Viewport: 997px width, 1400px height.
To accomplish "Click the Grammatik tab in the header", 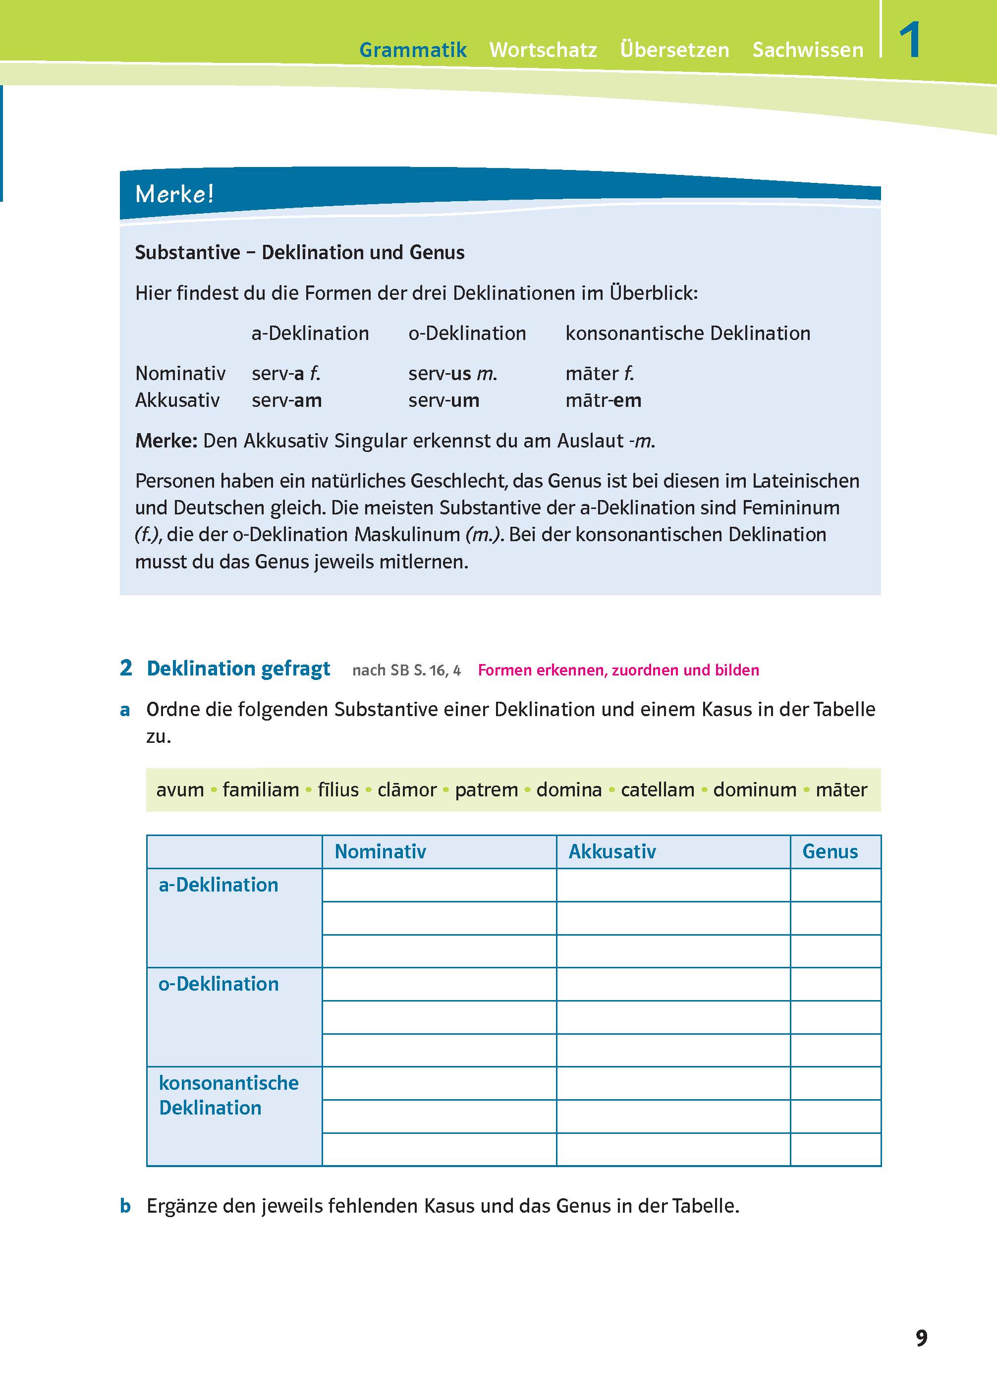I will (413, 50).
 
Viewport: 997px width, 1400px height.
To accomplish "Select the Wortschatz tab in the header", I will (543, 50).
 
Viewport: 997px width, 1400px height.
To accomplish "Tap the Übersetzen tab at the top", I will (674, 50).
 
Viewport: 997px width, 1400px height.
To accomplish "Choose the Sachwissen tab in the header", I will (807, 50).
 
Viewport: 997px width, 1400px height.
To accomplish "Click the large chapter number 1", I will (909, 41).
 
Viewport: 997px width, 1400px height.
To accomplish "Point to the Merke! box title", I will (174, 194).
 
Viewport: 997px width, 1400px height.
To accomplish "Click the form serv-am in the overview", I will (287, 400).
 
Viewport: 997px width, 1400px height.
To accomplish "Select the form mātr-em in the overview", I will (603, 400).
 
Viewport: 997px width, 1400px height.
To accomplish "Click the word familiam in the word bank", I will (260, 789).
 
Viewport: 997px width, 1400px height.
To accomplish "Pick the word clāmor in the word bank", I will (406, 789).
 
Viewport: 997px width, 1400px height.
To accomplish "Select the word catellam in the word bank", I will (657, 789).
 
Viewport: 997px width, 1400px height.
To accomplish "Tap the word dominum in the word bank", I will (755, 789).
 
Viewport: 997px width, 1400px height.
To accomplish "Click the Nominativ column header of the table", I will (380, 852).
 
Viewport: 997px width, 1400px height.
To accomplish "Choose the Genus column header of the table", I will (830, 852).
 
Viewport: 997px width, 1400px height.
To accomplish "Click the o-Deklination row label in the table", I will (219, 984).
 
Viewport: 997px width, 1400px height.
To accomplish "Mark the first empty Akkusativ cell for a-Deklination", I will (673, 885).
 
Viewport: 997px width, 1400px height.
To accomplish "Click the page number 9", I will (921, 1338).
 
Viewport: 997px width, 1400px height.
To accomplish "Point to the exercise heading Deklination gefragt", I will (238, 668).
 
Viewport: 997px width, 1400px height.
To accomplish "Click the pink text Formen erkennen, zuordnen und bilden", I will (618, 670).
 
